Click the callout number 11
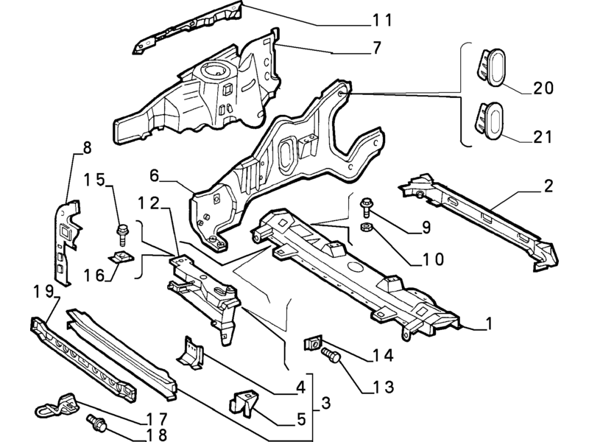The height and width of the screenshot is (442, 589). [x=382, y=20]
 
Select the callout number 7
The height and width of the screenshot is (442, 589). [x=376, y=48]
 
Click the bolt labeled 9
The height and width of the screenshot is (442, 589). [x=365, y=207]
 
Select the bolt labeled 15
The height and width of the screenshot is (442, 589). [x=122, y=234]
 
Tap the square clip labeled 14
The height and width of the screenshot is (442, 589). [x=313, y=343]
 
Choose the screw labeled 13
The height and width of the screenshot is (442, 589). [x=331, y=355]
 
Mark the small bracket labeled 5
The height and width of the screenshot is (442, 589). [x=244, y=403]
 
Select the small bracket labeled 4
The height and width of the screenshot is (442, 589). [x=191, y=351]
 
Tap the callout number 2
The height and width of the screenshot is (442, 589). [x=548, y=186]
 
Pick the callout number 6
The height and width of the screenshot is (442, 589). [x=155, y=175]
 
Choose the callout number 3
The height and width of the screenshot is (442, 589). [x=325, y=403]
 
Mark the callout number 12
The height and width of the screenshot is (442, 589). [x=149, y=203]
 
